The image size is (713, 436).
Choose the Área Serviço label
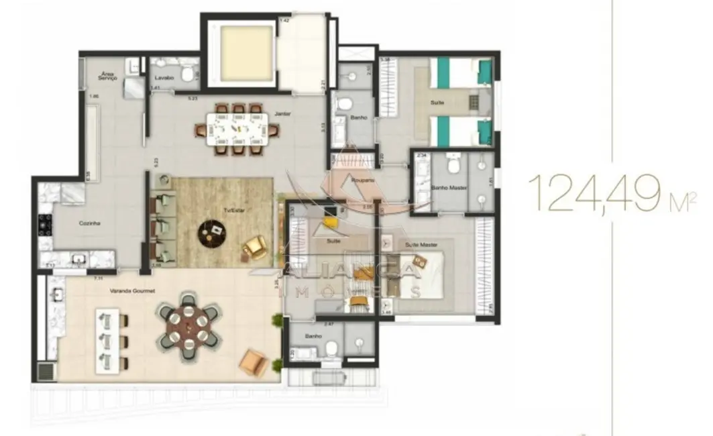coord(109,76)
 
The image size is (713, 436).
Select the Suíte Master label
coord(417,246)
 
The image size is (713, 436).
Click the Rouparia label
coord(364,181)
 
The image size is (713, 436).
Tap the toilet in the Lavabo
coord(188,72)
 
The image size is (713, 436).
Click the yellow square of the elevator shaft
coord(245,53)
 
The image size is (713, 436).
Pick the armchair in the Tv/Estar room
coord(255,248)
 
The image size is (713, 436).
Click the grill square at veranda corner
coord(46,371)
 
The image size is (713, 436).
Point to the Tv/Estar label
coord(233,210)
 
